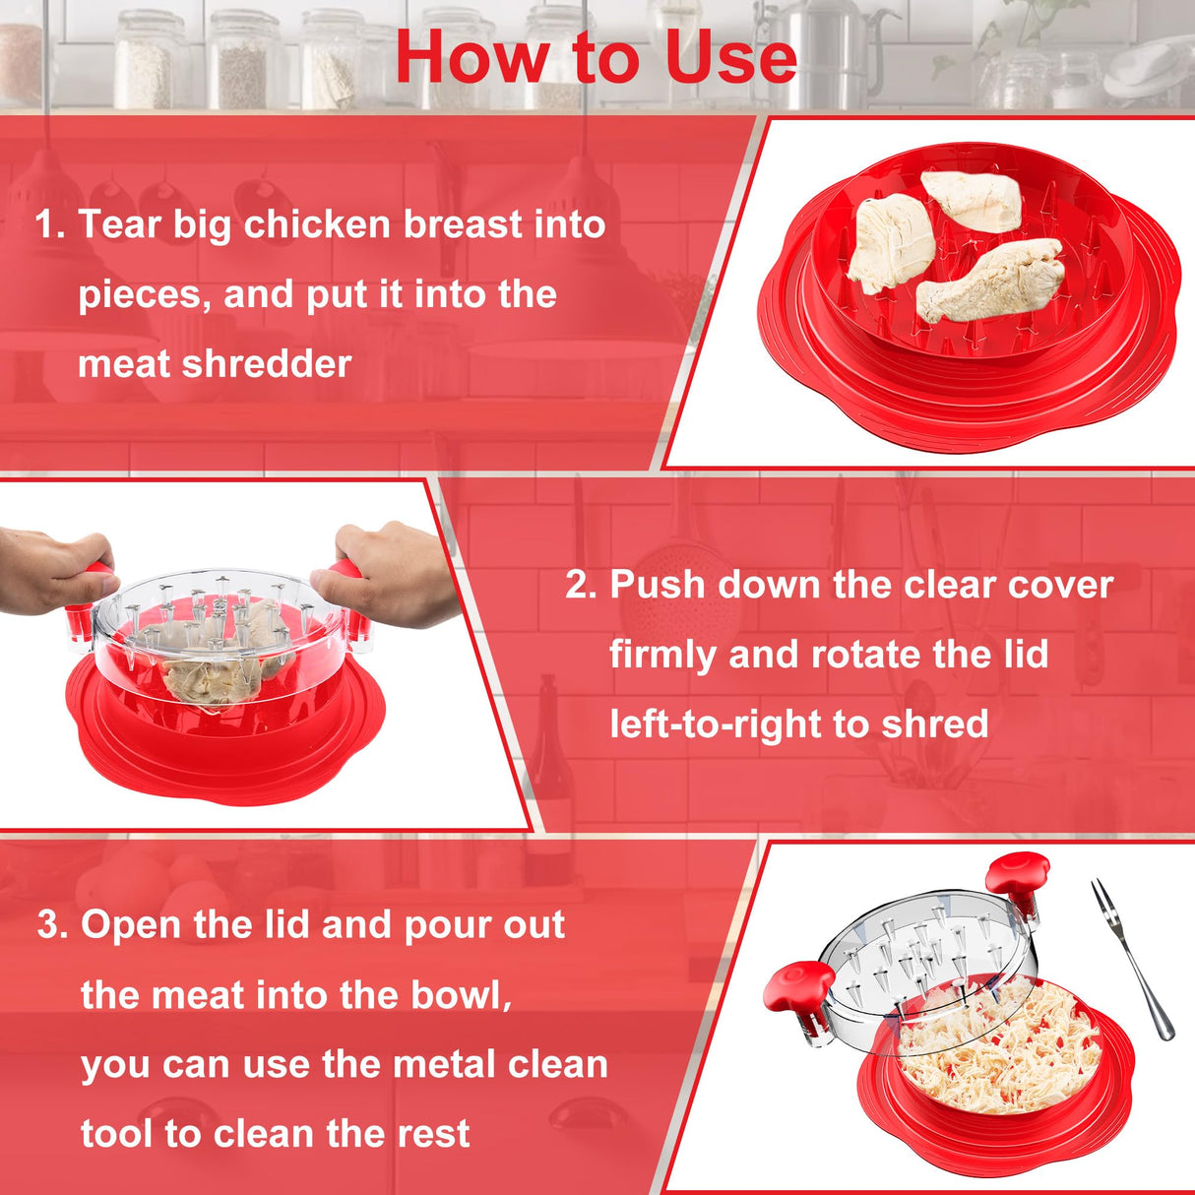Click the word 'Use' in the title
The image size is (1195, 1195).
(730, 57)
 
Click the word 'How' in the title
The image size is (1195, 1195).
(471, 57)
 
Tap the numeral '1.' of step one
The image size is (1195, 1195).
(50, 224)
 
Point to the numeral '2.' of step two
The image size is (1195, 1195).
(581, 585)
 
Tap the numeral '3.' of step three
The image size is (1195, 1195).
(53, 925)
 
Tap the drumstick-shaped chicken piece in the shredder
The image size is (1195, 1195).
(990, 280)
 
